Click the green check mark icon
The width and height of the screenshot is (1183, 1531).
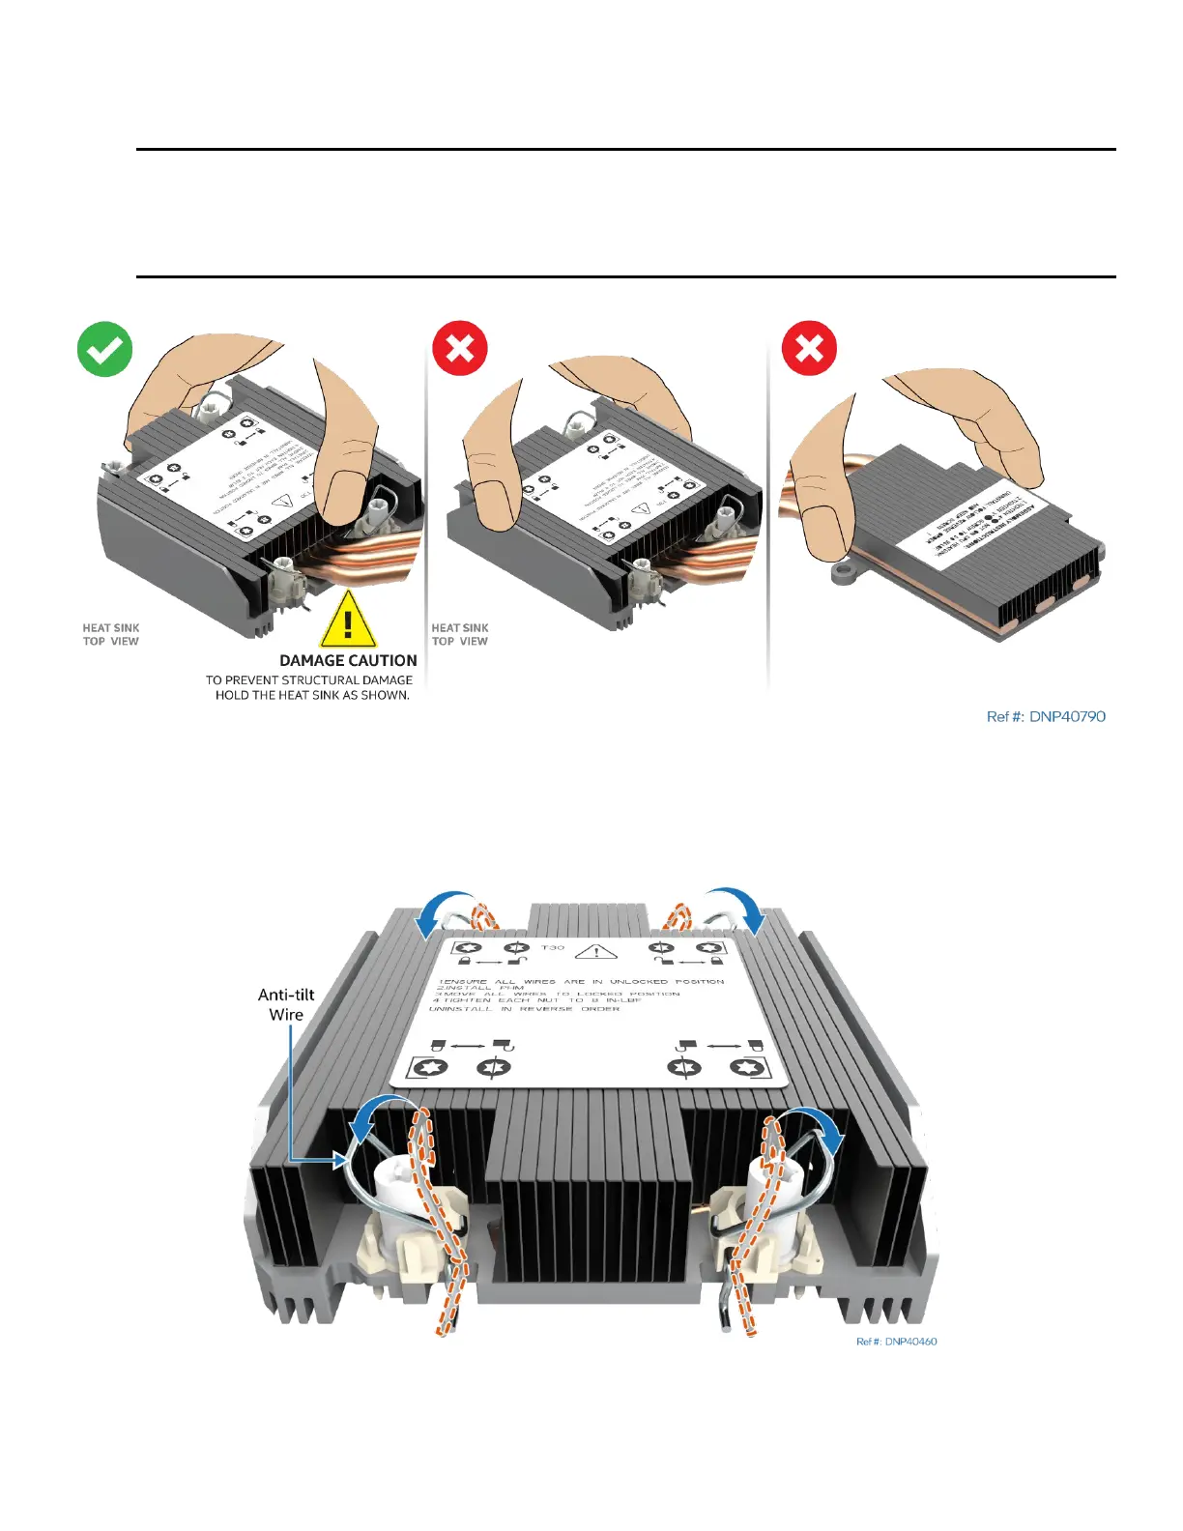[x=104, y=349]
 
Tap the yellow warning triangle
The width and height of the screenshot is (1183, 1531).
[x=348, y=621]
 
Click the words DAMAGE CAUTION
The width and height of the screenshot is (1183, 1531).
[x=348, y=661]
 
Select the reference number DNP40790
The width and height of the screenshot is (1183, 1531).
[x=1046, y=716]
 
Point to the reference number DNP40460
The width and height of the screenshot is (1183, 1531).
[x=896, y=1342]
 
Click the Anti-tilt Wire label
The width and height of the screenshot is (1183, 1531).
[x=286, y=1004]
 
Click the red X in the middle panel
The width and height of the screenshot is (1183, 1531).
[x=460, y=348]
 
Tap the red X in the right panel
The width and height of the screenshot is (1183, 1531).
[x=809, y=348]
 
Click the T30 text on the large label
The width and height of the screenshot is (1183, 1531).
[x=553, y=948]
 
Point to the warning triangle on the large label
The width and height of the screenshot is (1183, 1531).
[x=596, y=951]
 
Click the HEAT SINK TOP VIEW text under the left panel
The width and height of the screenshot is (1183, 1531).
[x=111, y=634]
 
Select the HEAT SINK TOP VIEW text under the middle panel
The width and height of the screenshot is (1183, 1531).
[x=460, y=634]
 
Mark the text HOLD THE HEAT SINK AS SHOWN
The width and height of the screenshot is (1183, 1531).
[x=312, y=695]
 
